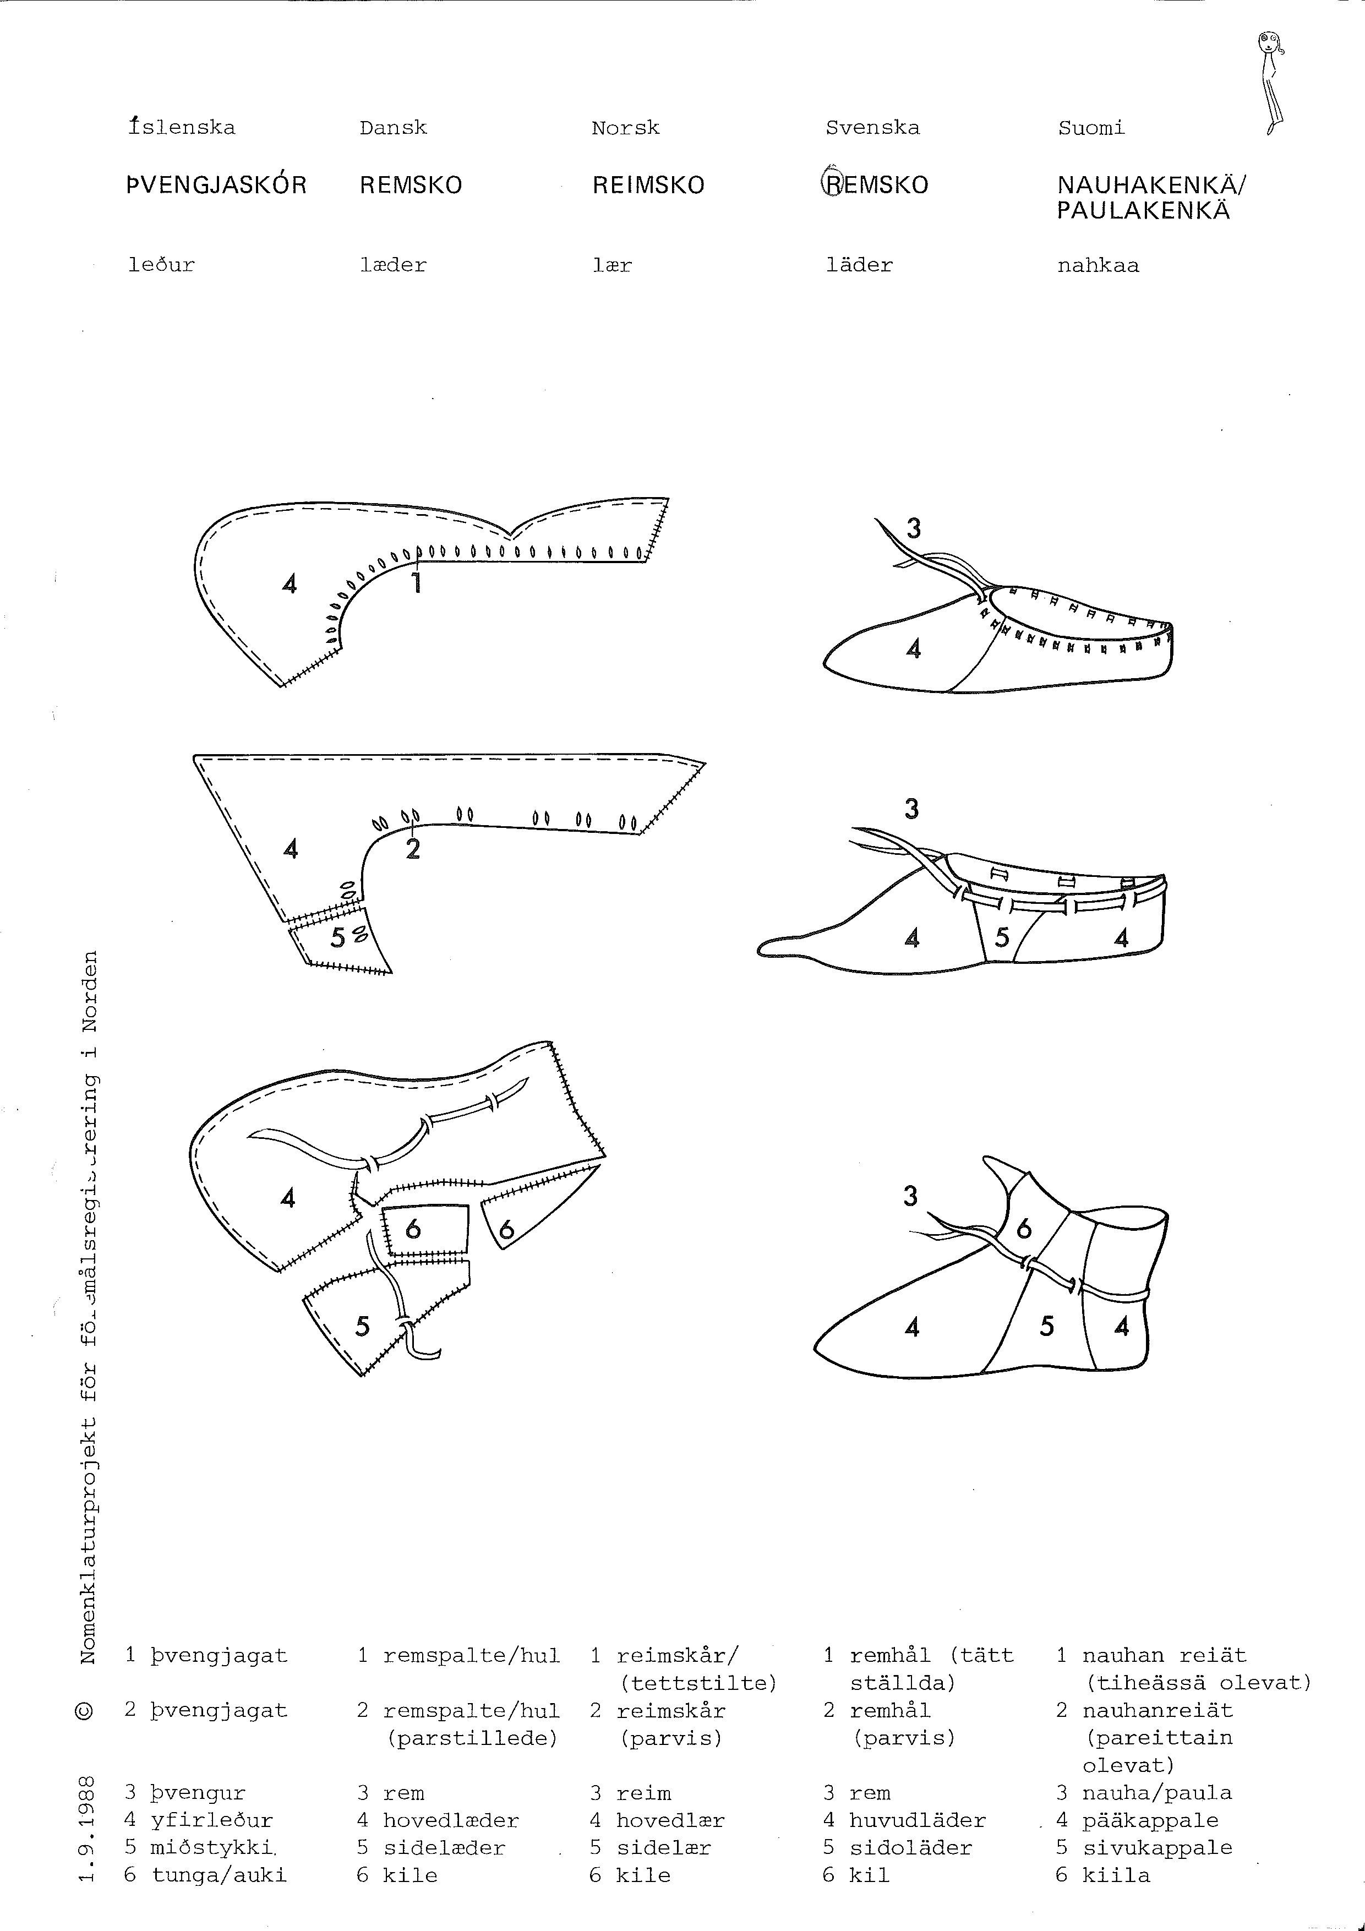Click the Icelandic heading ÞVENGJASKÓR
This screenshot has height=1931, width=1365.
(216, 185)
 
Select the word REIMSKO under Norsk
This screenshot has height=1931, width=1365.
(648, 185)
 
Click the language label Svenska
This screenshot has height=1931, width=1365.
(872, 128)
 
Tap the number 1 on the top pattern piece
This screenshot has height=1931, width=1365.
(416, 582)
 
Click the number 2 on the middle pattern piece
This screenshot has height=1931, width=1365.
(412, 849)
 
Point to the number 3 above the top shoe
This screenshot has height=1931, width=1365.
(913, 528)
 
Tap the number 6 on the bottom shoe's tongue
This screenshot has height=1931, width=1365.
(1024, 1230)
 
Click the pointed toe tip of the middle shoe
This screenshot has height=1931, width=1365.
(760, 948)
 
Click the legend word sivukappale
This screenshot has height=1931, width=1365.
(1157, 1848)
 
